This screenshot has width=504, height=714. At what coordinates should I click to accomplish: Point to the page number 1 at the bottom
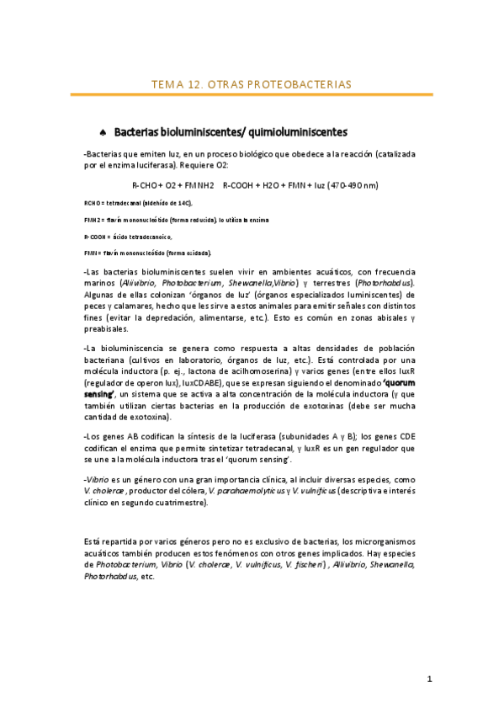click(429, 679)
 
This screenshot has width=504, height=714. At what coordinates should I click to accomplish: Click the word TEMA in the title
click(165, 85)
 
